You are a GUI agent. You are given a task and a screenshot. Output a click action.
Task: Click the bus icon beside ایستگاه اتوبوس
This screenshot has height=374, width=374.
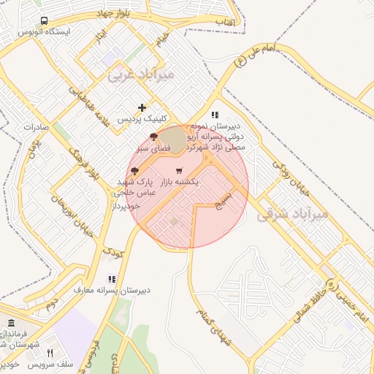point(45,21)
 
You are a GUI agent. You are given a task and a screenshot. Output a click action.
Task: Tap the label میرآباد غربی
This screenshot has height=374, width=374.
point(142,74)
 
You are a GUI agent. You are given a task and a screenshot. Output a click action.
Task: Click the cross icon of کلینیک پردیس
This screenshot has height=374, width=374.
point(142,107)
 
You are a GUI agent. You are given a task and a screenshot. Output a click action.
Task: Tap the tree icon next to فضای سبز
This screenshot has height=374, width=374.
point(153,137)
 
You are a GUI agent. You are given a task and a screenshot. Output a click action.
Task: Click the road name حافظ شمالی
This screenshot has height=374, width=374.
point(316,296)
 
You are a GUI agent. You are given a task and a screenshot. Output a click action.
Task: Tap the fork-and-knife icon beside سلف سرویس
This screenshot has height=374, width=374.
point(50,353)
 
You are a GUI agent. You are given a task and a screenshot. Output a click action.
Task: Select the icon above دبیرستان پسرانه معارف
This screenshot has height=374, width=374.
point(112,279)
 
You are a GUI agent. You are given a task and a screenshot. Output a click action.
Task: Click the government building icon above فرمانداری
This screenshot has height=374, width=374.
point(11,323)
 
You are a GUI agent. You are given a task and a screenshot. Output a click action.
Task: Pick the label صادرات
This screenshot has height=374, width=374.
point(35,126)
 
